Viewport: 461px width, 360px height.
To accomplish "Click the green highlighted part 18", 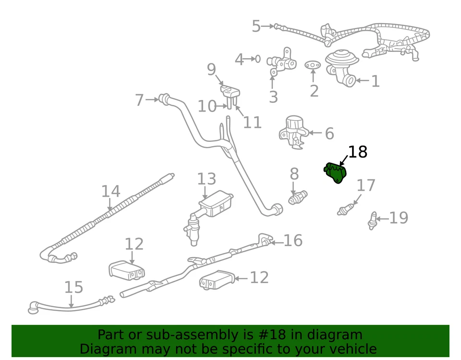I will (x=336, y=173).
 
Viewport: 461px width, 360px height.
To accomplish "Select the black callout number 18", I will (x=357, y=152).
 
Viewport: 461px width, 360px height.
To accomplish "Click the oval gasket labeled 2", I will (x=313, y=64).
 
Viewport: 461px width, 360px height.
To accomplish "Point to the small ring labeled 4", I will (x=257, y=59).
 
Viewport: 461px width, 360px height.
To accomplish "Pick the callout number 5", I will (x=256, y=26).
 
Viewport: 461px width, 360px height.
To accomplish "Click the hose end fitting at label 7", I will (x=165, y=99).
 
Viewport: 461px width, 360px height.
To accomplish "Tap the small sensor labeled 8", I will (x=298, y=198).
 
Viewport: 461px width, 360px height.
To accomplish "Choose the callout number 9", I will (x=211, y=70).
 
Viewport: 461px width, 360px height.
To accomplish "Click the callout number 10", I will (x=207, y=106).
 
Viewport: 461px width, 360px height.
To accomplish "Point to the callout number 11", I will (x=252, y=123).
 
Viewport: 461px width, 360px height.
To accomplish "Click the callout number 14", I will (x=110, y=191).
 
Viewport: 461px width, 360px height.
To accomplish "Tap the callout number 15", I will (x=73, y=287).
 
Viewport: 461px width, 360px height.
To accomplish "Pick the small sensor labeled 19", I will (x=373, y=220).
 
